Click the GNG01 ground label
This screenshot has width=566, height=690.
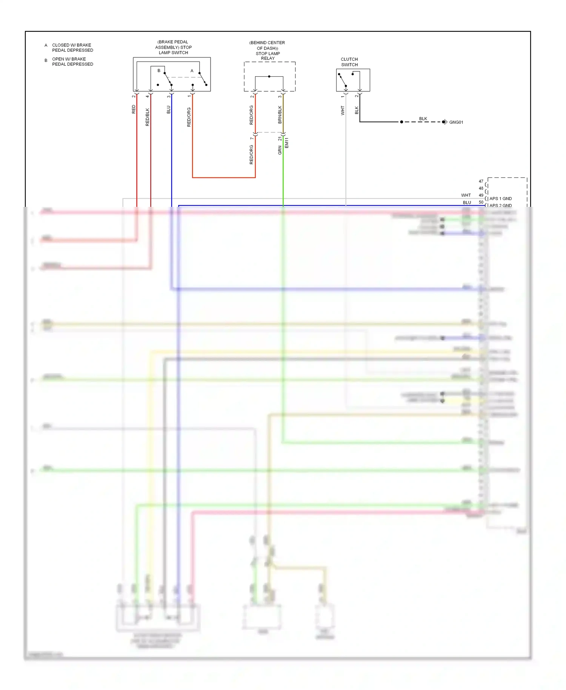coord(456,122)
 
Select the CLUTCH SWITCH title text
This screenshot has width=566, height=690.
coord(349,62)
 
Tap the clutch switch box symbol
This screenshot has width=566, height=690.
coord(353,80)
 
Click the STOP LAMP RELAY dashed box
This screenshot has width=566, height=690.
coord(269,77)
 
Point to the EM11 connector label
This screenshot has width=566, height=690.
coord(286,143)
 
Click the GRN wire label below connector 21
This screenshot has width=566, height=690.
coord(280,150)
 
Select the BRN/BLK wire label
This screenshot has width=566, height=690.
coord(280,114)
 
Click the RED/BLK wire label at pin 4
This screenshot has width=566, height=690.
coord(148,117)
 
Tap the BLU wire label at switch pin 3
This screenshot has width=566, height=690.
coord(169,109)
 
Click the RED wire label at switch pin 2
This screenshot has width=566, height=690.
coord(134,109)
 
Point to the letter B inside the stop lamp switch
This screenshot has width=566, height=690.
coord(159,71)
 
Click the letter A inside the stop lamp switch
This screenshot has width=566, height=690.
coord(192,71)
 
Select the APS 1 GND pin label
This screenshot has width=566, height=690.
coord(500,199)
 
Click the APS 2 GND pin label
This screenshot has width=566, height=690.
coord(500,205)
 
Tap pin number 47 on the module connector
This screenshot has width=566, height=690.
coord(481,181)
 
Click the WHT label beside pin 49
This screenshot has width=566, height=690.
coord(466,195)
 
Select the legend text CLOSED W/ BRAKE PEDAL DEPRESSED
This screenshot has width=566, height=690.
coord(72,48)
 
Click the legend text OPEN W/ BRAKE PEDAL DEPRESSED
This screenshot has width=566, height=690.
coord(72,62)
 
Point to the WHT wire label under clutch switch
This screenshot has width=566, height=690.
coord(343,110)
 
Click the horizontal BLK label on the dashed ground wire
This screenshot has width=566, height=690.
coord(423,119)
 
